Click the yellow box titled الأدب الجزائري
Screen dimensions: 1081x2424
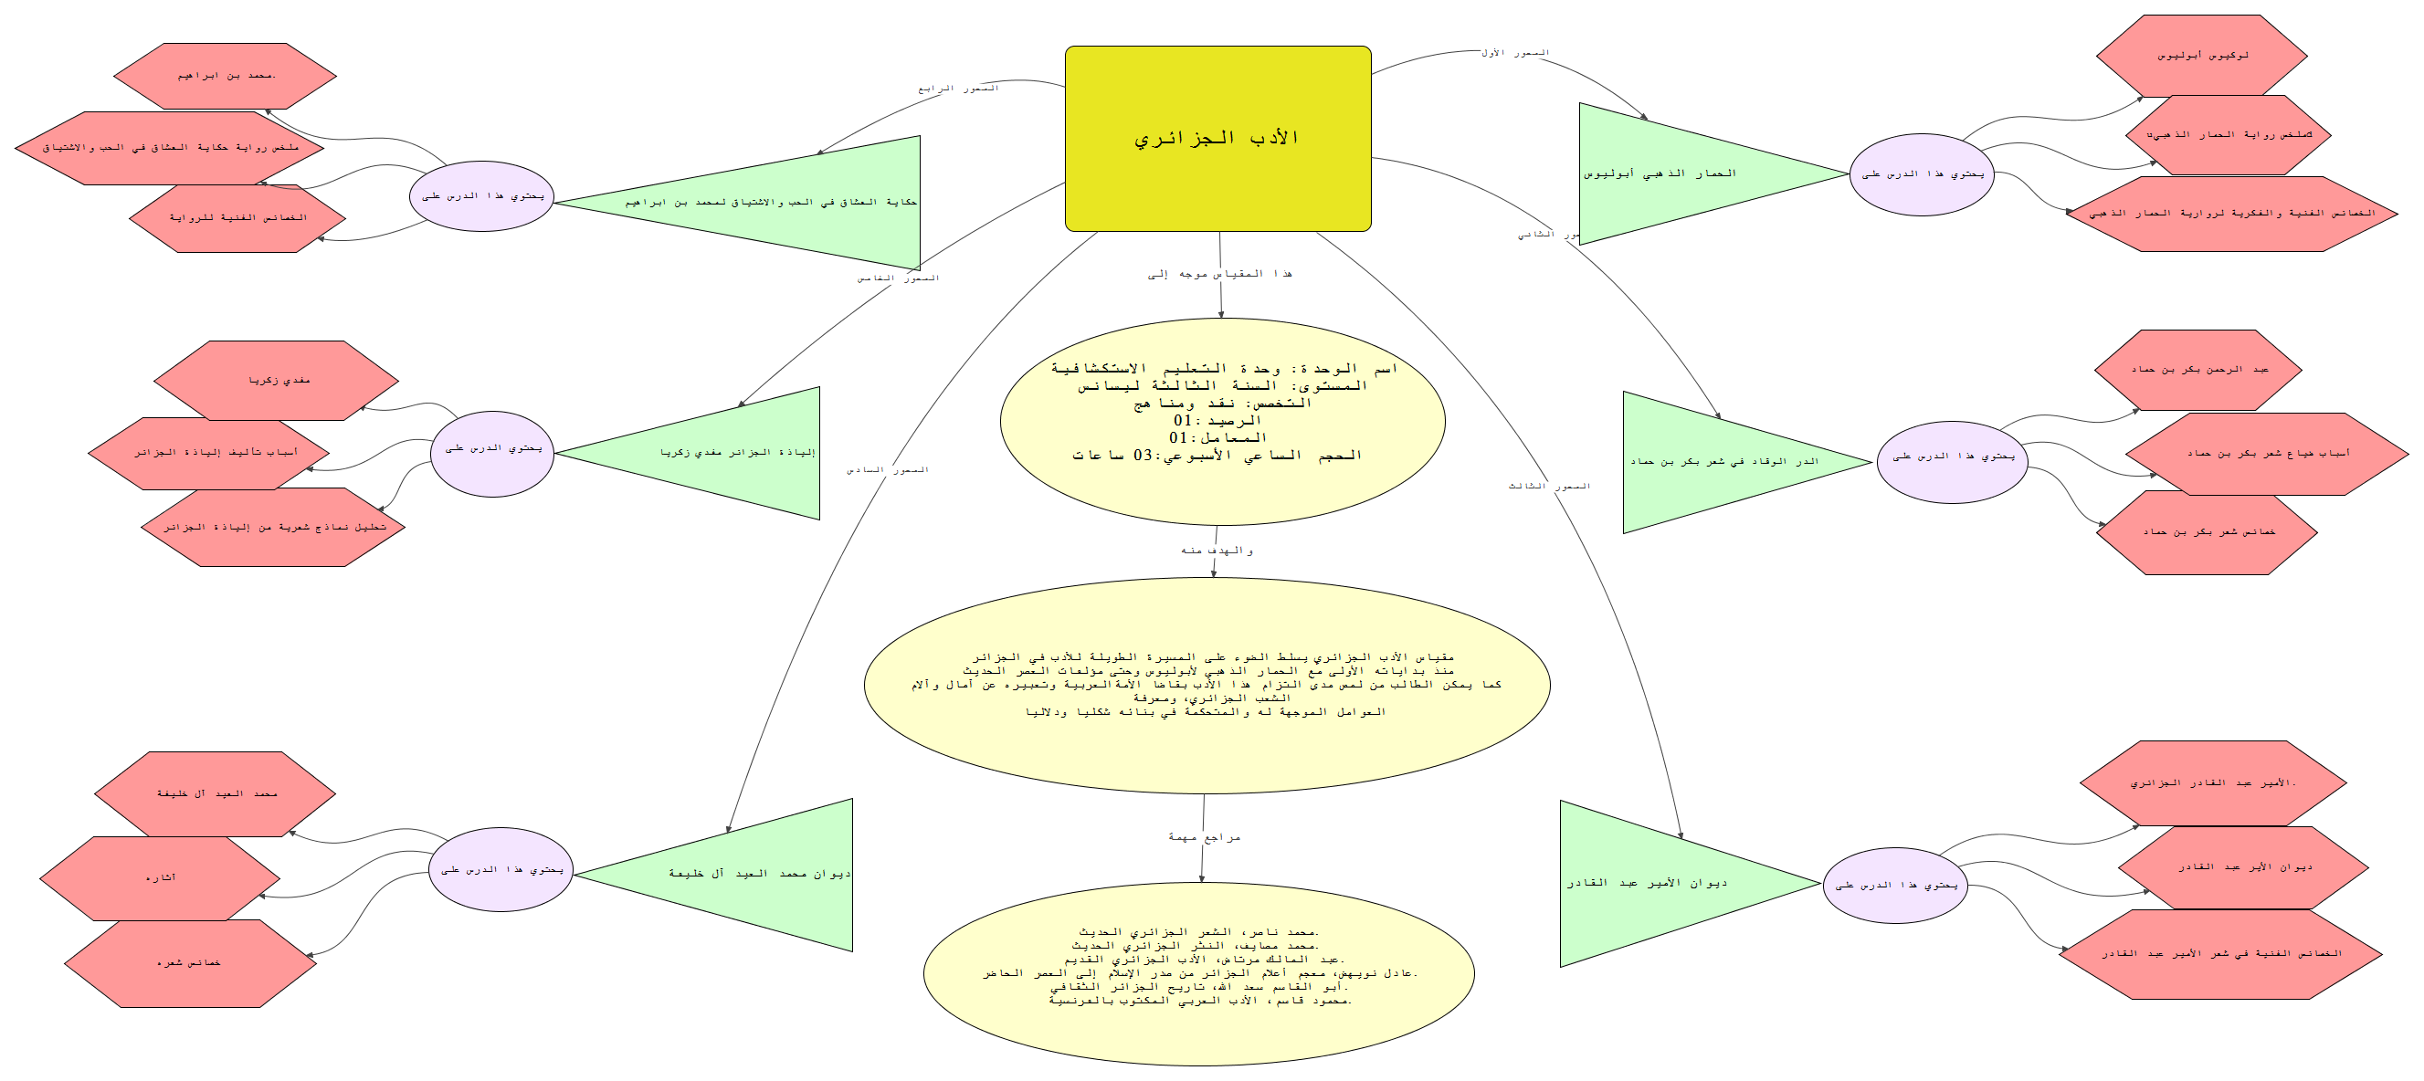1217,138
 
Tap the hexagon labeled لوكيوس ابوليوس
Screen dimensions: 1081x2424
2201,56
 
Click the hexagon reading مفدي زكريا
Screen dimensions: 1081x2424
278,380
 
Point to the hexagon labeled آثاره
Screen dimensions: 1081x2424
160,877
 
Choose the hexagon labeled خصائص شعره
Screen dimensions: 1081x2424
189,963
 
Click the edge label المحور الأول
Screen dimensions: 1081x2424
1514,54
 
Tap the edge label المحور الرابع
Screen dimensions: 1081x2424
958,89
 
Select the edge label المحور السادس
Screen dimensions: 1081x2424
887,470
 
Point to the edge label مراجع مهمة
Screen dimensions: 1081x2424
1205,837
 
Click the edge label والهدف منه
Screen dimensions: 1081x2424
1217,551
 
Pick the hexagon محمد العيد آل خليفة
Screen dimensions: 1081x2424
216,794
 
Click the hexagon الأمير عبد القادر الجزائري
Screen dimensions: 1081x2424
2212,782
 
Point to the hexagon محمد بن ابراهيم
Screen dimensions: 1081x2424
226,75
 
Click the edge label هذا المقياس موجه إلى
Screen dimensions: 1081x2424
1218,275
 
